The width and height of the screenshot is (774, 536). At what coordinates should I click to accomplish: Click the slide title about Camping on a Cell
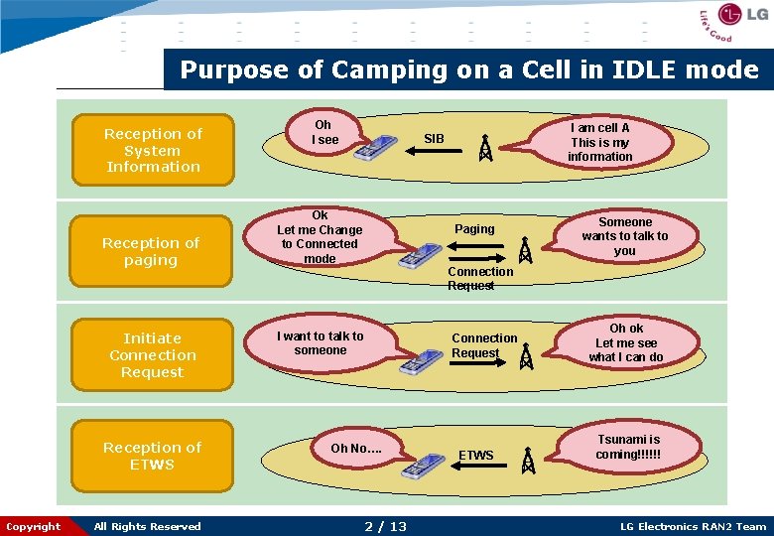[468, 70]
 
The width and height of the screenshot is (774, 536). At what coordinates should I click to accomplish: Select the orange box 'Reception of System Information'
[153, 150]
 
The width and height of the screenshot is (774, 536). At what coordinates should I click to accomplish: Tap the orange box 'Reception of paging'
[151, 251]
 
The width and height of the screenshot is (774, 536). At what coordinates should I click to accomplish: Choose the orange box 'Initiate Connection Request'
[152, 355]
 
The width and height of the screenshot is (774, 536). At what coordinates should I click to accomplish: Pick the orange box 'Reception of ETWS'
[152, 456]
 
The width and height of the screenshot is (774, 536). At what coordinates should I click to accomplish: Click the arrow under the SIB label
[435, 151]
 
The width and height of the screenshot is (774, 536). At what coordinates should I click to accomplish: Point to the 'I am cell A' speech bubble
[599, 142]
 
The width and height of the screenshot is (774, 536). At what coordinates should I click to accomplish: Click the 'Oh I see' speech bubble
[323, 133]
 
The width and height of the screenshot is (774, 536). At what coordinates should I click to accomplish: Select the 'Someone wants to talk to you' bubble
[625, 236]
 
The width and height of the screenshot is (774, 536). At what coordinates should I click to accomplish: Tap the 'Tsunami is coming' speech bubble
[628, 447]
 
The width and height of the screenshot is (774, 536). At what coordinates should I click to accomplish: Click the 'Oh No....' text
[355, 449]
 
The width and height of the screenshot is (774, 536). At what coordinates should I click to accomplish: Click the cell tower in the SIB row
[485, 148]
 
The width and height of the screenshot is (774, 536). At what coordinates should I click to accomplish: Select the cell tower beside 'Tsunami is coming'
[528, 461]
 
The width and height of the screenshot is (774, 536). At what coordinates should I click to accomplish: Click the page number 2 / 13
[385, 526]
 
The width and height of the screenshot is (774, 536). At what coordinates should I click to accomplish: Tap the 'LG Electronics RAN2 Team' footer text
[693, 526]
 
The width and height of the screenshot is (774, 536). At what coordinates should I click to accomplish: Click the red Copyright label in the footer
[34, 526]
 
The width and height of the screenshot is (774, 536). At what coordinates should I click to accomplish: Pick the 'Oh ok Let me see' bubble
[625, 342]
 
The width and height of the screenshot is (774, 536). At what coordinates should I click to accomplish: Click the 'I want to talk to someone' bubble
[321, 343]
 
